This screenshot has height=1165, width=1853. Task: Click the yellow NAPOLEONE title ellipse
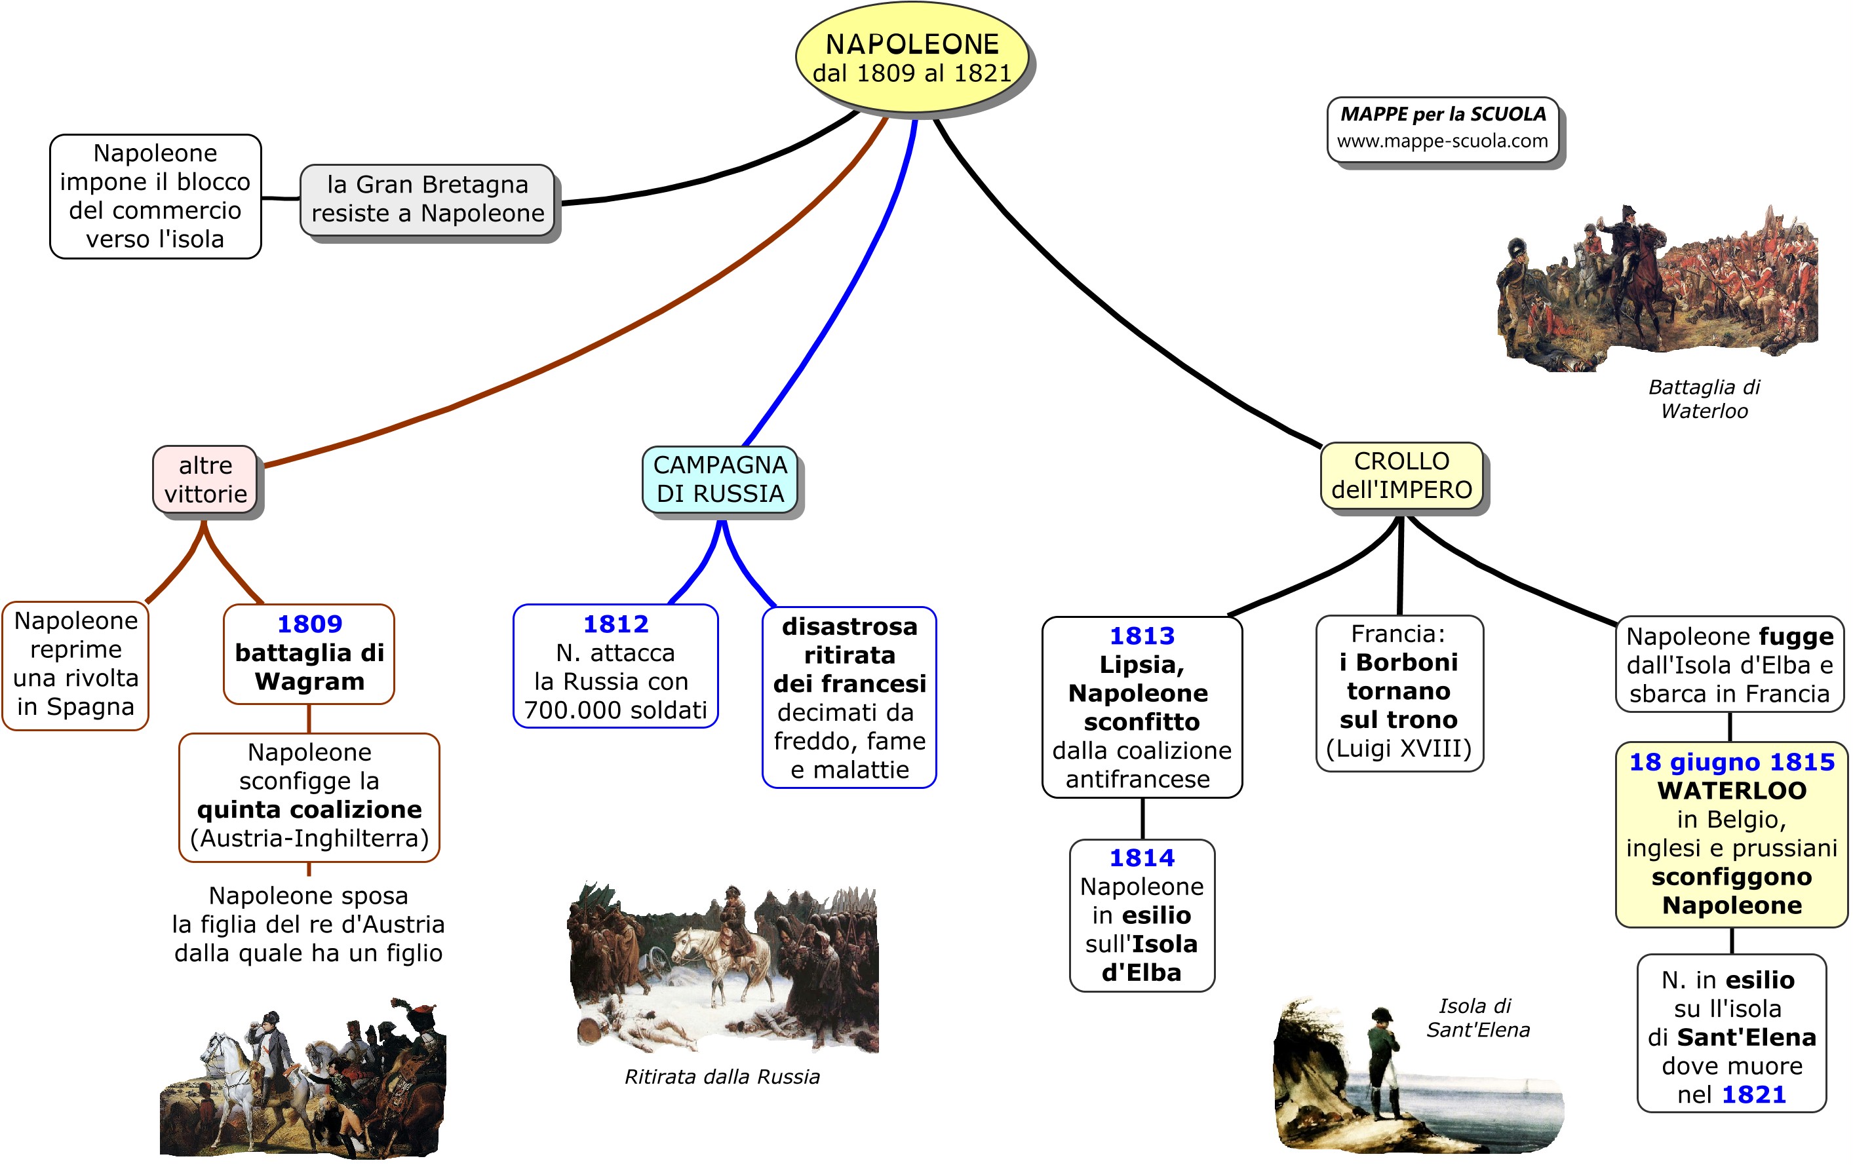click(912, 58)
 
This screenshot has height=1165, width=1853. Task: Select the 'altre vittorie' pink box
click(205, 480)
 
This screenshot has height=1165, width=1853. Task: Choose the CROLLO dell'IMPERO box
click(1401, 476)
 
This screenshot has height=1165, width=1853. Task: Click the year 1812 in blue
click(615, 624)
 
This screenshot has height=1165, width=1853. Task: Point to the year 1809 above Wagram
click(309, 624)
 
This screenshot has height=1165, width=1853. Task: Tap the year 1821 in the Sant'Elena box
click(1754, 1094)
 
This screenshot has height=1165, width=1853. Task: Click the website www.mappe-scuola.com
click(1442, 141)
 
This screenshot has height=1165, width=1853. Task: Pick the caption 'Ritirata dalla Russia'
click(722, 1077)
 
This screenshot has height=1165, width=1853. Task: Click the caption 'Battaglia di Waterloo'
click(1704, 398)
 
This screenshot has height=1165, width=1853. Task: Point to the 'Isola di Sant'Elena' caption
click(1477, 1018)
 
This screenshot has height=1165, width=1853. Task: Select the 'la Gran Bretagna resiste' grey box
click(427, 199)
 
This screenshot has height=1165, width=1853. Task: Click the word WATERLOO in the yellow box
click(1732, 790)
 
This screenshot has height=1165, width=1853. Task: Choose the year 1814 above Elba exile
click(1142, 858)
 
